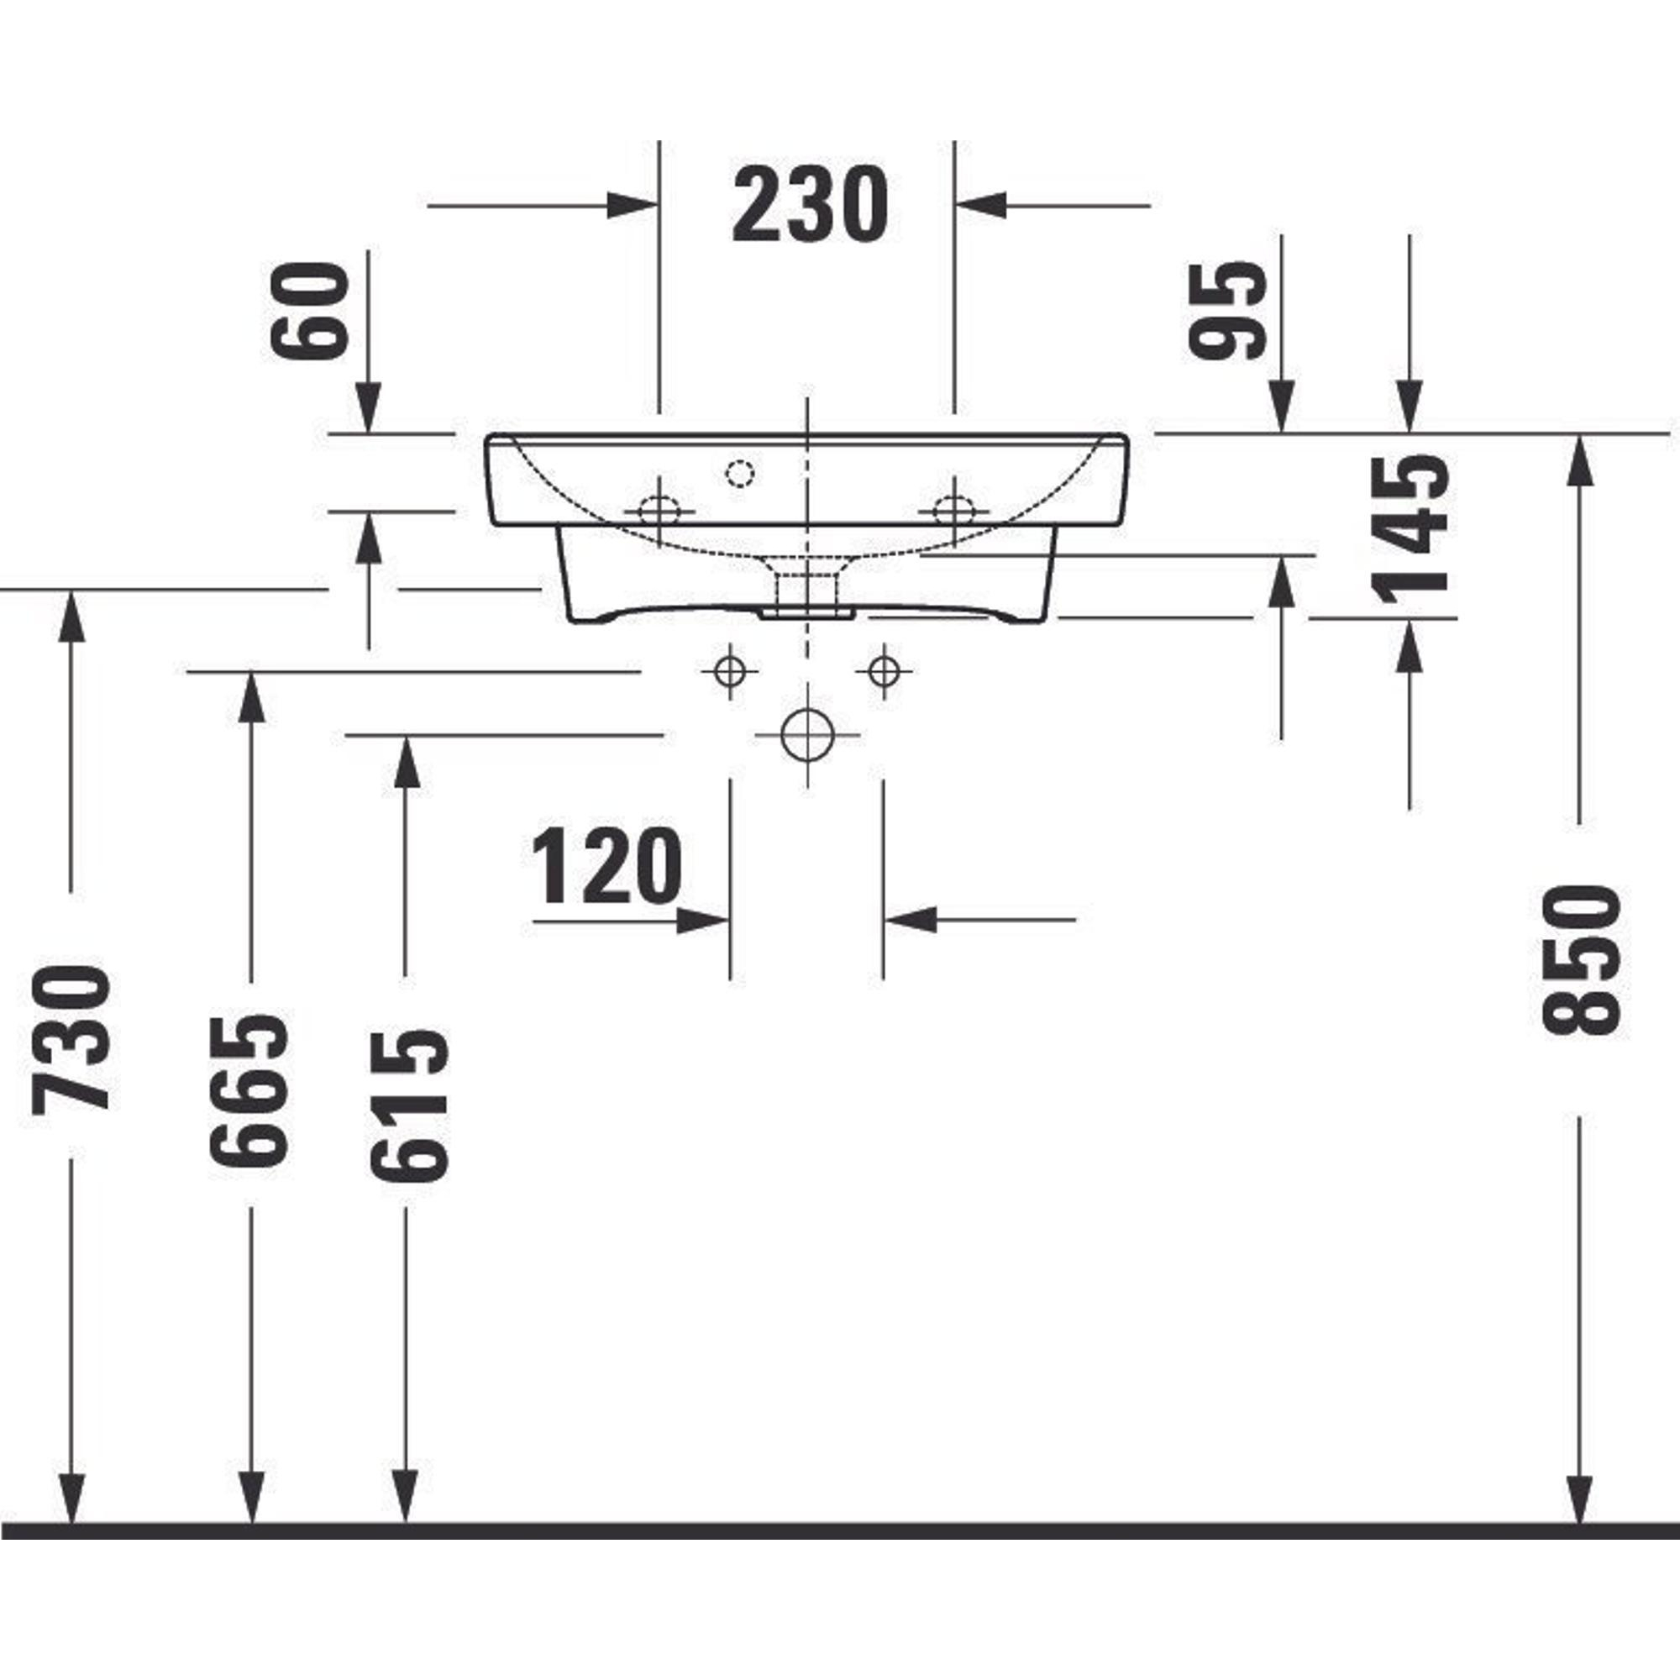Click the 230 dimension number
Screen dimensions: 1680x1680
click(810, 204)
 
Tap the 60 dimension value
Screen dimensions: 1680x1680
click(310, 311)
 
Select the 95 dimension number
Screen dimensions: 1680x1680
click(1227, 311)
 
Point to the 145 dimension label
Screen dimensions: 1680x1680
click(1410, 528)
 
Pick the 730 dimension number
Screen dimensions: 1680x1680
click(71, 1039)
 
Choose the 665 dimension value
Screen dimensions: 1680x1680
click(249, 1089)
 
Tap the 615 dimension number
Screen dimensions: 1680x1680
click(410, 1105)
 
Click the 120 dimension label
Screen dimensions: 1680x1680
click(606, 866)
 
